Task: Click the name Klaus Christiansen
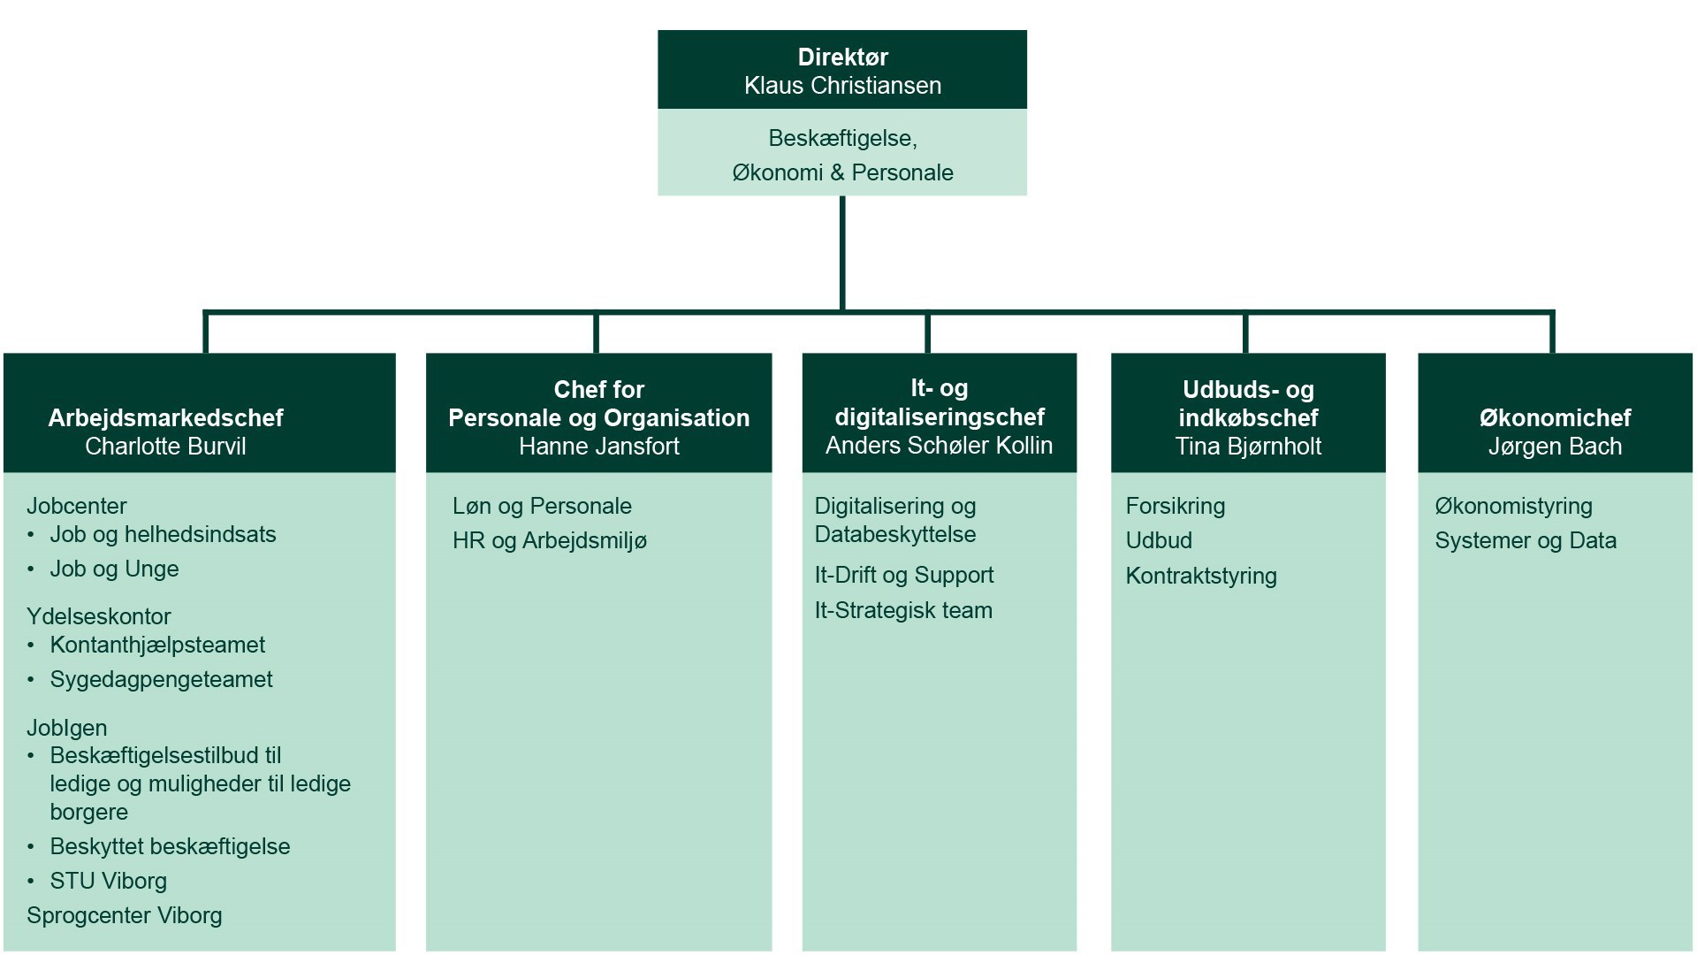842,86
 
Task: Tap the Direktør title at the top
842,57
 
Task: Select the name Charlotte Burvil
165,447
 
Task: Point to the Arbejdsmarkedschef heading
165,417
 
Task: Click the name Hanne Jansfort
598,447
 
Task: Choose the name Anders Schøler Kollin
939,446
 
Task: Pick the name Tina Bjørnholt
1248,447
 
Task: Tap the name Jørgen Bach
1555,447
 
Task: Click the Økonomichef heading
1555,417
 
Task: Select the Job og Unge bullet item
114,569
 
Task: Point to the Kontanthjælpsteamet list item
157,645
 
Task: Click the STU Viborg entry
108,881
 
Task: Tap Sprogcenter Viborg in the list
124,915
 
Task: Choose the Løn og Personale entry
542,506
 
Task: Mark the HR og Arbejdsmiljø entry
549,540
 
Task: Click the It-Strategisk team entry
903,610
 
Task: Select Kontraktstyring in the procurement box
1200,576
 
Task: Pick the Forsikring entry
1175,506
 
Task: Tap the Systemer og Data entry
1525,540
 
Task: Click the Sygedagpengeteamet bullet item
161,679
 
